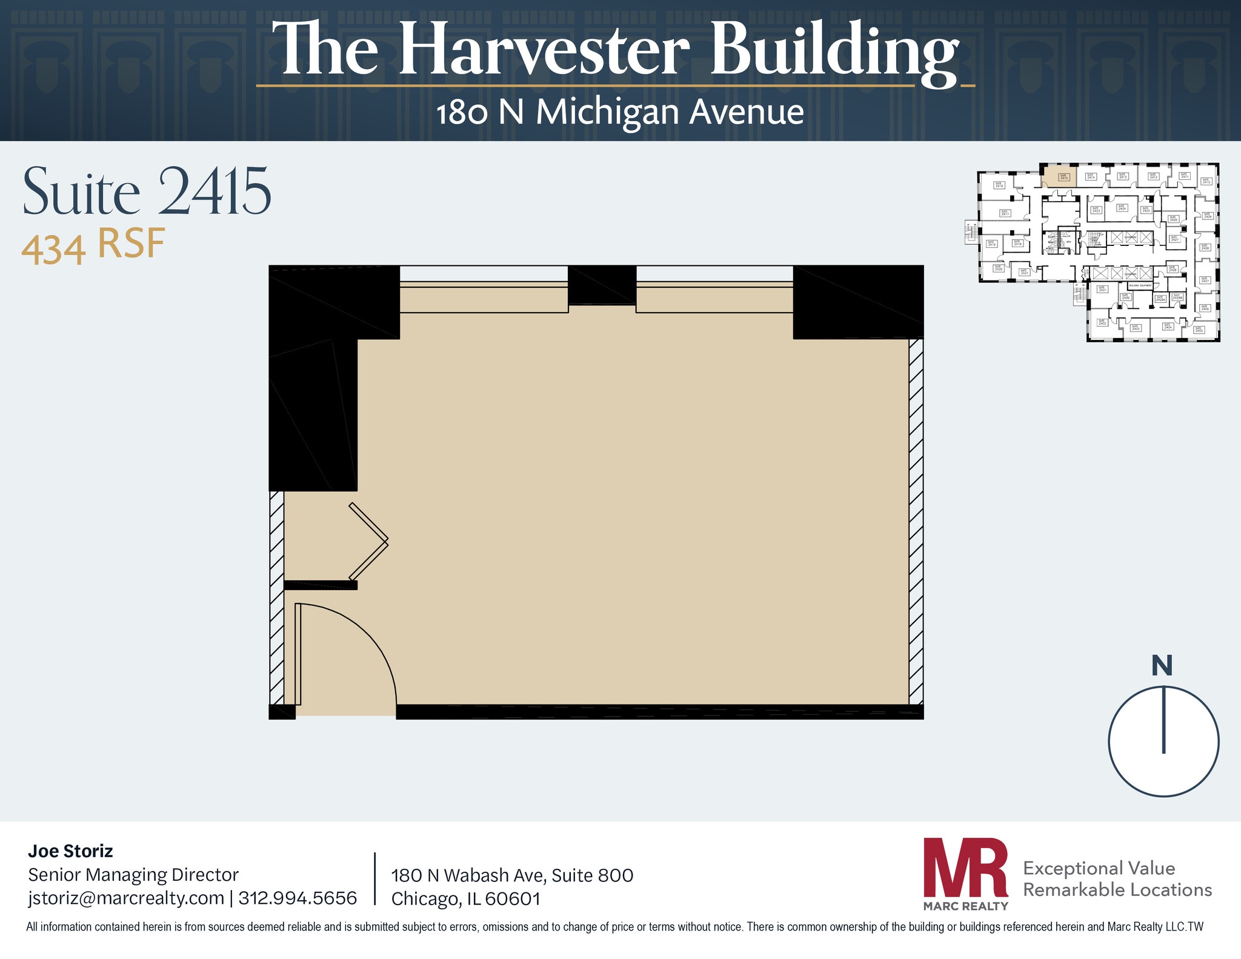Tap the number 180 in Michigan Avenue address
[462, 113]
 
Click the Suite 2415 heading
[147, 192]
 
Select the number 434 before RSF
[53, 250]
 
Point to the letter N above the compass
[1162, 665]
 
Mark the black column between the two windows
[602, 285]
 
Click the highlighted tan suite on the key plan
[1059, 178]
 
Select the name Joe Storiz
[70, 851]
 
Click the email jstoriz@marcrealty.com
[126, 897]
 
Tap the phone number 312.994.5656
[298, 897]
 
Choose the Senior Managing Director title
[133, 874]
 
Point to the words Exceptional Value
[1099, 868]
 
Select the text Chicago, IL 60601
[465, 898]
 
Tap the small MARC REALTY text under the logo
[965, 906]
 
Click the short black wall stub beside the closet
[320, 585]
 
